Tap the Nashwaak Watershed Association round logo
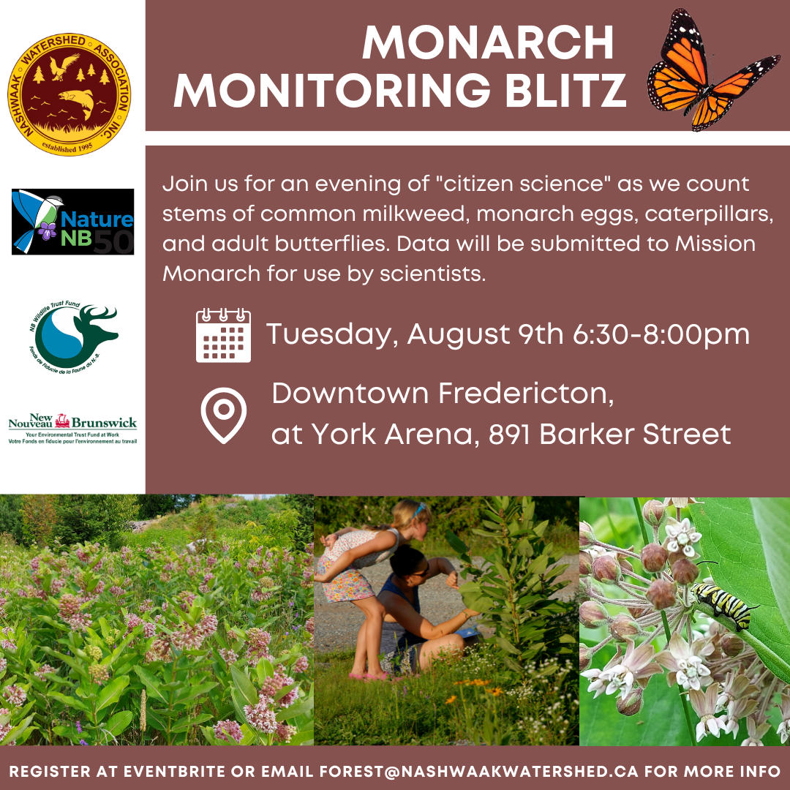click(x=69, y=94)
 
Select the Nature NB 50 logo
click(x=73, y=222)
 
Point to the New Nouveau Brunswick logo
click(x=72, y=429)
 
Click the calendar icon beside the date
click(x=223, y=335)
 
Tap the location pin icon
click(x=224, y=415)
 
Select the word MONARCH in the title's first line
click(x=488, y=43)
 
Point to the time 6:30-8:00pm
click(x=661, y=334)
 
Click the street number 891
click(x=509, y=434)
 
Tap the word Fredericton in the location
click(x=526, y=394)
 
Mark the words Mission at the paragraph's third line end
click(x=715, y=244)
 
